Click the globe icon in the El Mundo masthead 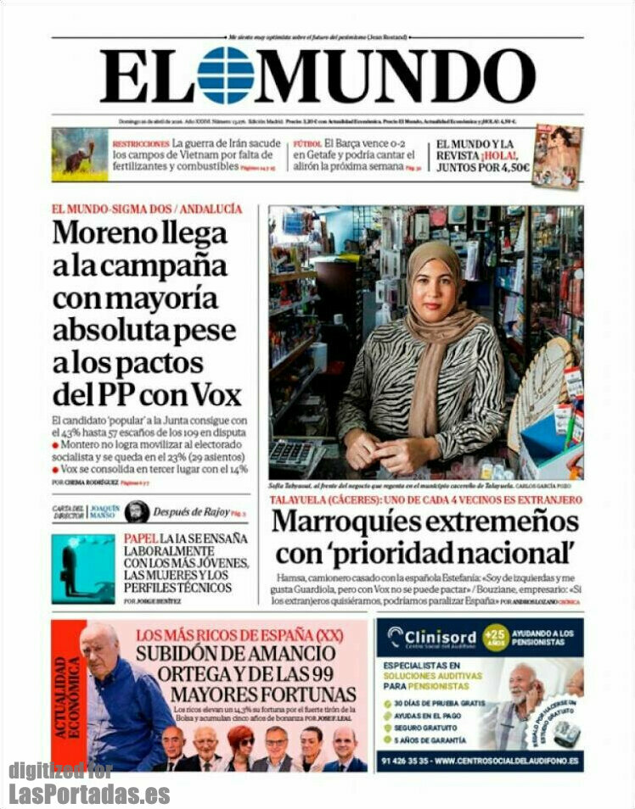(225, 75)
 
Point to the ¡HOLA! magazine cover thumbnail (557, 156)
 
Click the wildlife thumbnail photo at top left (79, 155)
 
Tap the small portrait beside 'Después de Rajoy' (137, 511)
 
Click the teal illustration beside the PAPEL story (82, 569)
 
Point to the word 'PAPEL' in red (142, 538)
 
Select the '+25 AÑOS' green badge (495, 637)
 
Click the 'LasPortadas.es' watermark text (89, 795)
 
